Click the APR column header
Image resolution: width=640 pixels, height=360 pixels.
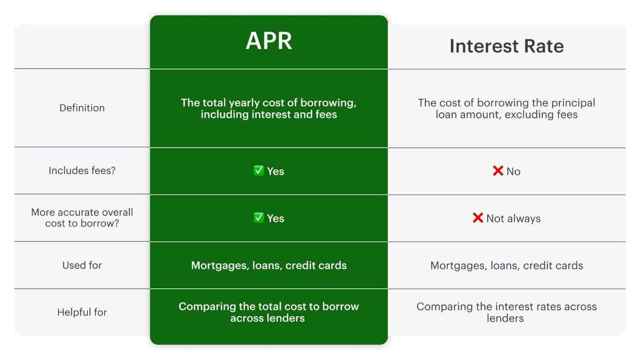269,41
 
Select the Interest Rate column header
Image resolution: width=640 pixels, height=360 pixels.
507,46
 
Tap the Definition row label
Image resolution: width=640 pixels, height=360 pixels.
82,108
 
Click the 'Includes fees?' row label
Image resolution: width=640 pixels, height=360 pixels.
82,171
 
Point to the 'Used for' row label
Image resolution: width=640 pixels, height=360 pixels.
82,265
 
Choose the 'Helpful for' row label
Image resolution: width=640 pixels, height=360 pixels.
82,313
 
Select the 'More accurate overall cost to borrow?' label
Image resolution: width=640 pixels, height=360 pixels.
82,218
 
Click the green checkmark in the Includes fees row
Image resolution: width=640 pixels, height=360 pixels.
259,171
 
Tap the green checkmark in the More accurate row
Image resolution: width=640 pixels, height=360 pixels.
259,218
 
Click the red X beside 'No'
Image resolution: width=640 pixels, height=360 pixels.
498,171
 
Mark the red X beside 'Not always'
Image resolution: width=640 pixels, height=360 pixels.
478,218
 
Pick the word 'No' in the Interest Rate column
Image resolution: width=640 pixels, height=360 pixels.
514,171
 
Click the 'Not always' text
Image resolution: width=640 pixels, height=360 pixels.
514,219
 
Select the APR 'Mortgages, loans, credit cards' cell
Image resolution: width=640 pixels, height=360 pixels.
269,266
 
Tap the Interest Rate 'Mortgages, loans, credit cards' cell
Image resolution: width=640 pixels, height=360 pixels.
507,266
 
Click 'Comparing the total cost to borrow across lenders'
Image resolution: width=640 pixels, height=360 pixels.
269,313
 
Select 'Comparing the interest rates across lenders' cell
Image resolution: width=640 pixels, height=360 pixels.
507,313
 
